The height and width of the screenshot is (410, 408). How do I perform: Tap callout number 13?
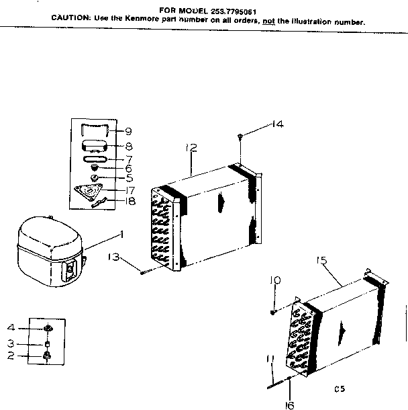(115, 257)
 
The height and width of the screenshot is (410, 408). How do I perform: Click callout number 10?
(274, 280)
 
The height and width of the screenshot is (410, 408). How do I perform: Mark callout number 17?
(130, 190)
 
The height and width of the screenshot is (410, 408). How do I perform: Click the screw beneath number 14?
(240, 138)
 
